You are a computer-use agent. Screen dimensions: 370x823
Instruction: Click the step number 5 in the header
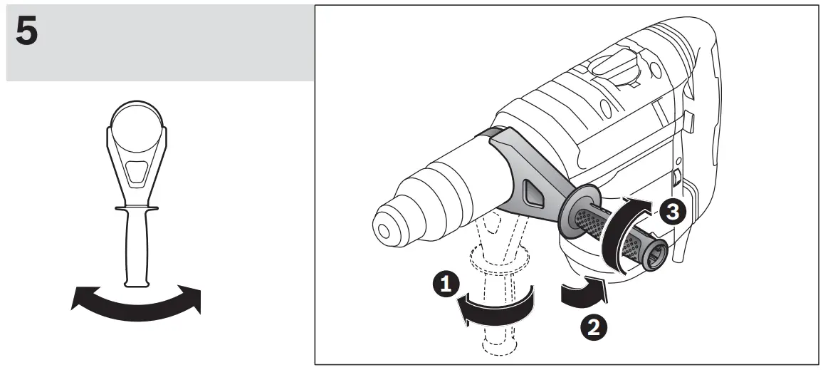(x=27, y=34)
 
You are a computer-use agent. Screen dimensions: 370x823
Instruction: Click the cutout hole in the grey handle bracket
(x=532, y=190)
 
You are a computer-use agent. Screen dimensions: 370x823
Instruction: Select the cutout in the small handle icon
(x=135, y=171)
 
